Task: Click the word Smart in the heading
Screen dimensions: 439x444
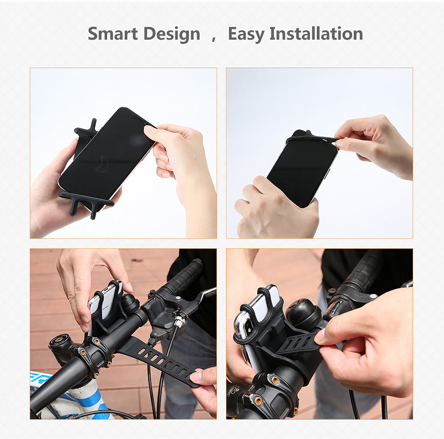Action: tap(113, 34)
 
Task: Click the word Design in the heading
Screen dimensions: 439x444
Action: tap(172, 34)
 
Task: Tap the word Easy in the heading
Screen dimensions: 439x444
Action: tap(245, 34)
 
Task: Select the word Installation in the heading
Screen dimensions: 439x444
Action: tap(316, 34)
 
